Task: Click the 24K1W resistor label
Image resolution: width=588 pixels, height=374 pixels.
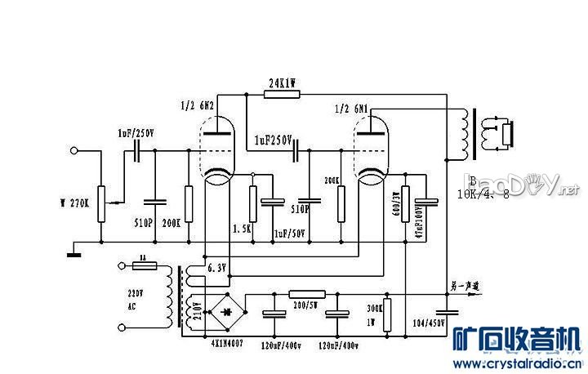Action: pyautogui.click(x=283, y=82)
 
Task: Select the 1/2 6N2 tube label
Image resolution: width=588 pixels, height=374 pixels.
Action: pyautogui.click(x=197, y=105)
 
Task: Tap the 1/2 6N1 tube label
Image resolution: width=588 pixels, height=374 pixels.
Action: pyautogui.click(x=352, y=108)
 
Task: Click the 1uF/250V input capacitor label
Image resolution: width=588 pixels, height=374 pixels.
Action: pyautogui.click(x=135, y=133)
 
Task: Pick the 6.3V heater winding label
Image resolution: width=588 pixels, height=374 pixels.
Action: pyautogui.click(x=216, y=267)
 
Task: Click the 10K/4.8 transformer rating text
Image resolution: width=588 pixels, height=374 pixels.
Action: pyautogui.click(x=484, y=194)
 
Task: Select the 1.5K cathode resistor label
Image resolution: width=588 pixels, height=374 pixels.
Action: pyautogui.click(x=241, y=229)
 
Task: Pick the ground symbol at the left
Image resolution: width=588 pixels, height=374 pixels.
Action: pyautogui.click(x=73, y=252)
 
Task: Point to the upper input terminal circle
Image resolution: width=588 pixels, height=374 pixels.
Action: pyautogui.click(x=75, y=150)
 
